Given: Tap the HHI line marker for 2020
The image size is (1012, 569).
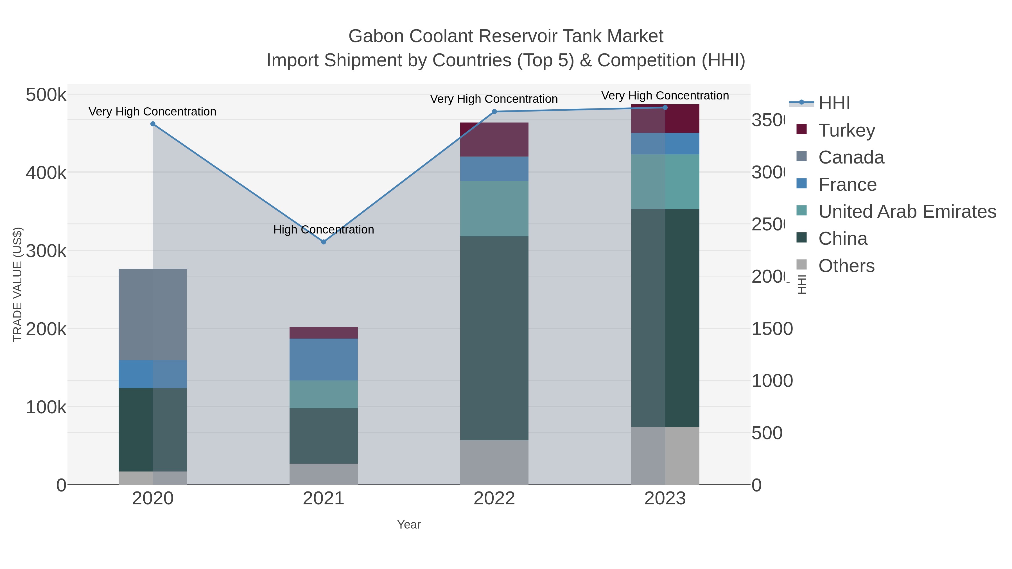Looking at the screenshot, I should [x=153, y=124].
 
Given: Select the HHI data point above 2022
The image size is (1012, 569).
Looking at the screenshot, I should [x=494, y=112].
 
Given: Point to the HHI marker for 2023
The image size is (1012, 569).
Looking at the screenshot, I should [x=665, y=107].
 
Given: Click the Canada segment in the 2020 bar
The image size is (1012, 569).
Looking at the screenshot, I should [x=153, y=314].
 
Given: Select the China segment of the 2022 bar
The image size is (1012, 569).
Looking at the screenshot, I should [x=494, y=338].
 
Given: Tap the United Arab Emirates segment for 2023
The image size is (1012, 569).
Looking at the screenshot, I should [x=665, y=182].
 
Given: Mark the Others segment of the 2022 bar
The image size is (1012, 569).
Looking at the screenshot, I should [x=494, y=462].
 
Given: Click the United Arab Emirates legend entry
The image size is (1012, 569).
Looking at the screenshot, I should [x=907, y=211].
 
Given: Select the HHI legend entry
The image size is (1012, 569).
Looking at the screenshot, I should [x=834, y=103].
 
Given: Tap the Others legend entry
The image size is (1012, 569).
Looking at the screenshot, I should [x=846, y=266].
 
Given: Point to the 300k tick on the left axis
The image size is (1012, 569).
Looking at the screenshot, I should [x=46, y=251].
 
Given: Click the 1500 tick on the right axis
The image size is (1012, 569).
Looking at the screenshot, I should [x=772, y=329].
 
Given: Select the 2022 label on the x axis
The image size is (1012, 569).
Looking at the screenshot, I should [x=494, y=498].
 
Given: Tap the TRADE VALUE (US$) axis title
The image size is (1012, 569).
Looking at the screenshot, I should [x=18, y=284].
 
